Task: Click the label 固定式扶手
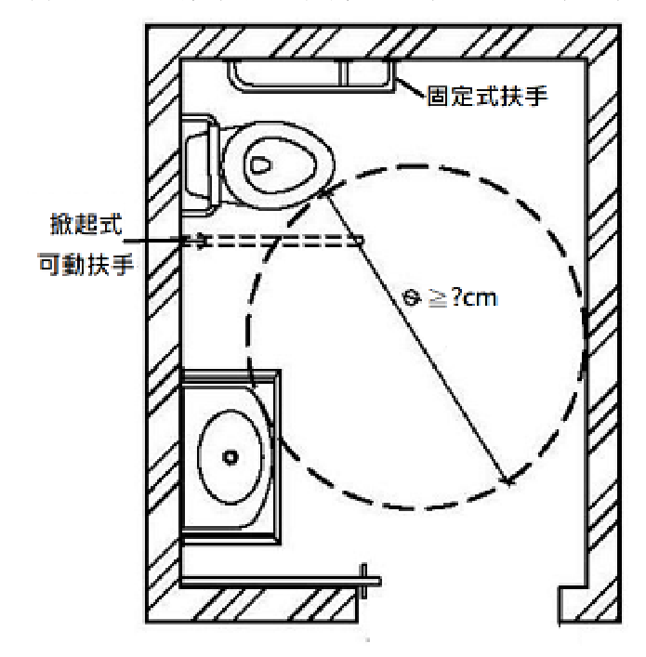(x=487, y=96)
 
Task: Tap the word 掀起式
(x=86, y=224)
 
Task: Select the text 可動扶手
(x=86, y=265)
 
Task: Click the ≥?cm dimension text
(x=463, y=298)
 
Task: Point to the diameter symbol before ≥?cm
(x=412, y=298)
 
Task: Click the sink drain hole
(x=231, y=456)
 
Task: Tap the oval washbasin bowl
(x=231, y=456)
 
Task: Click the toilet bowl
(x=278, y=165)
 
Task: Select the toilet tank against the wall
(x=201, y=165)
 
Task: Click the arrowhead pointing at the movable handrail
(x=201, y=241)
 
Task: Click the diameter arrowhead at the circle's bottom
(x=507, y=480)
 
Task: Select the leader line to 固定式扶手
(x=410, y=88)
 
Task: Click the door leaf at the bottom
(x=280, y=582)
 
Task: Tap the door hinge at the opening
(x=363, y=581)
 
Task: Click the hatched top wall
(x=383, y=42)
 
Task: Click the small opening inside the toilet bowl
(x=260, y=165)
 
